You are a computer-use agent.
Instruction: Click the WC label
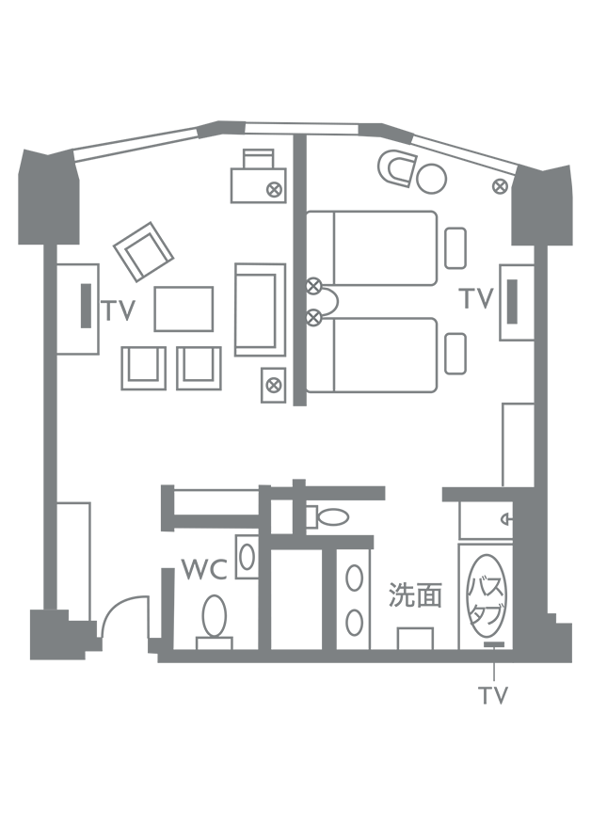click(203, 570)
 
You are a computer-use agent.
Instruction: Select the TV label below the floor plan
click(493, 696)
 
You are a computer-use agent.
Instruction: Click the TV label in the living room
click(120, 310)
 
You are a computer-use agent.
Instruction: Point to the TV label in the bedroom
click(476, 299)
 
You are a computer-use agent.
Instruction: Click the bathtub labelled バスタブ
click(487, 595)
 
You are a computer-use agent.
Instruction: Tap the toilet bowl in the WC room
click(214, 615)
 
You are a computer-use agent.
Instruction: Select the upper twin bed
click(373, 247)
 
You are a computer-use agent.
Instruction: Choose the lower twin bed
click(373, 355)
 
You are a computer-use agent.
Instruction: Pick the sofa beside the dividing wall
click(260, 309)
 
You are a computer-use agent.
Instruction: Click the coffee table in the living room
click(184, 309)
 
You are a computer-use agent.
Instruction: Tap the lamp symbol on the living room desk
click(274, 189)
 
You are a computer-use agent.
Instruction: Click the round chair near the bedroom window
click(432, 176)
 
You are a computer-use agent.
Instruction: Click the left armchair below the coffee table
click(143, 368)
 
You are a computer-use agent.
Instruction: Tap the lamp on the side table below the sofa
click(273, 384)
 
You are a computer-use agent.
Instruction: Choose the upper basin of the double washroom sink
click(354, 578)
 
